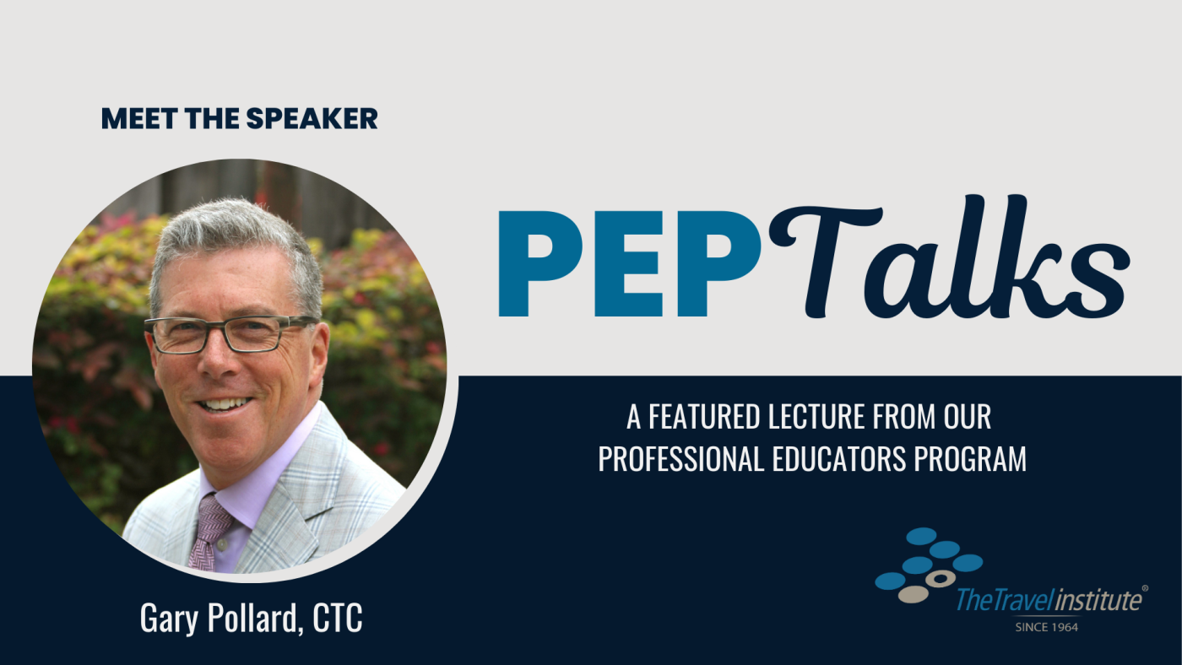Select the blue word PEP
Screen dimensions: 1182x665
(630, 263)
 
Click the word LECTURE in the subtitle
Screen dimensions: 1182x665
(816, 417)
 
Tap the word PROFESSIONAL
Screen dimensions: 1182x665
(680, 459)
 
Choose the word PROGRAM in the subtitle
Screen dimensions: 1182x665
(970, 459)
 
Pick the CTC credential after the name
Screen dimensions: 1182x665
(338, 618)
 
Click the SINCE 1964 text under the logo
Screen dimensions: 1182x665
(1046, 628)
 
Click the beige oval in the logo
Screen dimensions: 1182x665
(913, 594)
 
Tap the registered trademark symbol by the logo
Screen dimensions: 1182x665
(1145, 587)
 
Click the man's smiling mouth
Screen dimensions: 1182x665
(224, 404)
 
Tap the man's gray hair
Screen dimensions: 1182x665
(232, 237)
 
